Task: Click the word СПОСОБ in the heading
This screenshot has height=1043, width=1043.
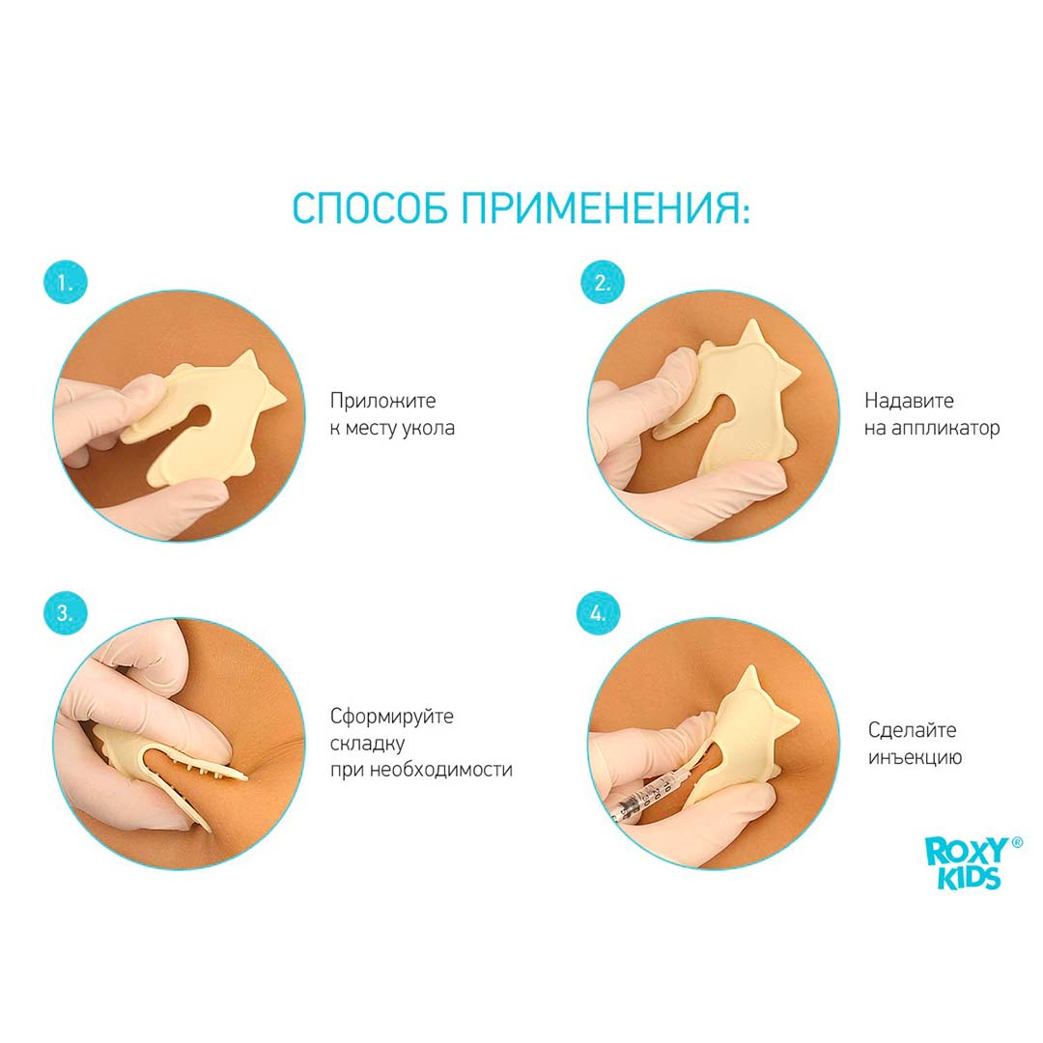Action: (370, 209)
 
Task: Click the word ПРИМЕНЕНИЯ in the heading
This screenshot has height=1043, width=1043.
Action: (606, 209)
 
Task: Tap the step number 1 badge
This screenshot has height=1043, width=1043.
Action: (66, 282)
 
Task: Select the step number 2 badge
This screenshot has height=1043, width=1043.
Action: (602, 282)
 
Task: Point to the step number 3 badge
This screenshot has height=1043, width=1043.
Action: (66, 612)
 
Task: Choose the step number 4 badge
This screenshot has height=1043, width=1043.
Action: (598, 612)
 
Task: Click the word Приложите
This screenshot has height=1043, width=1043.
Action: (382, 401)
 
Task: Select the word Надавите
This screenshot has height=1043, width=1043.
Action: (909, 401)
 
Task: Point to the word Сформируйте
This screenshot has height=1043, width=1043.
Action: (392, 717)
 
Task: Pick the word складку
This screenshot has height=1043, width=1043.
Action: (367, 743)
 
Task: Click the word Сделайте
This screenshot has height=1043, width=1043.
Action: (912, 730)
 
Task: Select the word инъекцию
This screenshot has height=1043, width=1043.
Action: (915, 757)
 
